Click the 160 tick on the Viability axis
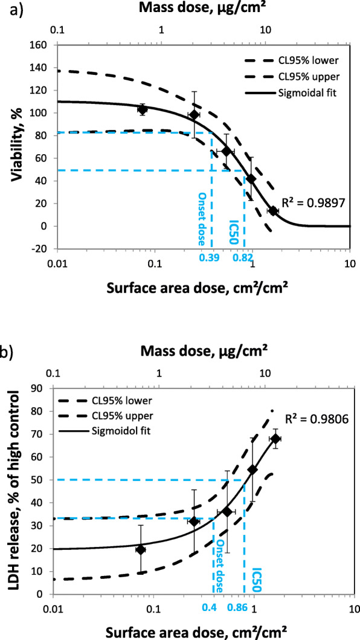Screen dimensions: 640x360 (42, 44)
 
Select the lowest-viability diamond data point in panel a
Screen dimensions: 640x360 (272, 211)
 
